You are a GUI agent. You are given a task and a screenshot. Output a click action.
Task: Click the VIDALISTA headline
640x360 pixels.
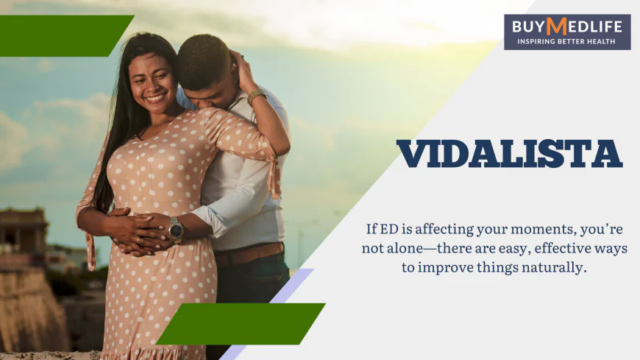pos(509,153)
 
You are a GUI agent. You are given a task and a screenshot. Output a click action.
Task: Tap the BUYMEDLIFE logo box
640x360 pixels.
pos(566,32)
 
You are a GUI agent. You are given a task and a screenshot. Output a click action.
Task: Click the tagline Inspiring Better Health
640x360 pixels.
pos(566,41)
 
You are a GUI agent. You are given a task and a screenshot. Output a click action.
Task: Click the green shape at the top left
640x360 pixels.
pos(63,35)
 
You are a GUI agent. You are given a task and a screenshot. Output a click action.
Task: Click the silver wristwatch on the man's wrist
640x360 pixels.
pos(175,230)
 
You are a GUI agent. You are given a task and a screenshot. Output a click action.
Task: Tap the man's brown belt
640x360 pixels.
pos(250,254)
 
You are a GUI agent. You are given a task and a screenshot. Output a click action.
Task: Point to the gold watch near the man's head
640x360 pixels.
pos(256,97)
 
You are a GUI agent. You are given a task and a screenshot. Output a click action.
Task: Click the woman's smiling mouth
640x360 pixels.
pos(156,96)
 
